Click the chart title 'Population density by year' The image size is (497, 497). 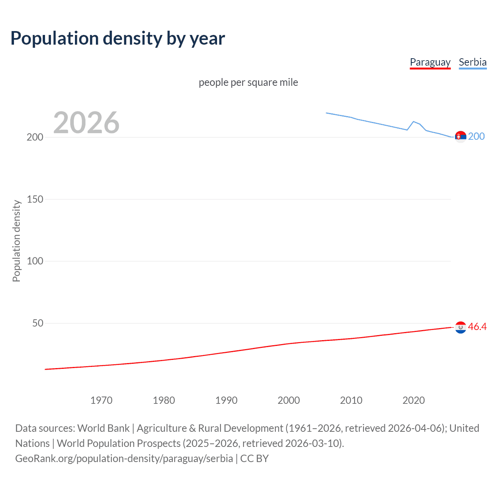(x=118, y=38)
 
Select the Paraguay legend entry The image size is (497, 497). (x=430, y=62)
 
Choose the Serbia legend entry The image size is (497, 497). (x=473, y=62)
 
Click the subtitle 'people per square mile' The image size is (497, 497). (x=248, y=82)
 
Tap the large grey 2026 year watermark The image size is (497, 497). (x=86, y=123)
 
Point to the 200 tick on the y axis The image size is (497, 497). (x=35, y=137)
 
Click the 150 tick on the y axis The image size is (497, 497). (x=35, y=199)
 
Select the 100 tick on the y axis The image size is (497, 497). (x=35, y=261)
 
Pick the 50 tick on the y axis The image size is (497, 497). (x=38, y=323)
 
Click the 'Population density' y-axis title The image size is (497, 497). (x=16, y=241)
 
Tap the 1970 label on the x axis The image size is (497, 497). (x=101, y=400)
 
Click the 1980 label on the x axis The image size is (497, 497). (x=164, y=400)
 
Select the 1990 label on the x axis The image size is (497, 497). (x=226, y=400)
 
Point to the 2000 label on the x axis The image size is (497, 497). (x=288, y=400)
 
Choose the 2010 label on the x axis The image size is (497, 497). (x=351, y=400)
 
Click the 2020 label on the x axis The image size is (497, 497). (x=414, y=400)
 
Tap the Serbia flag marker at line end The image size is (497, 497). (x=461, y=137)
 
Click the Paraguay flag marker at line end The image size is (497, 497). (x=461, y=327)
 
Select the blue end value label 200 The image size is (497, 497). (x=476, y=136)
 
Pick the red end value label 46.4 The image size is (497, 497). (x=477, y=327)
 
